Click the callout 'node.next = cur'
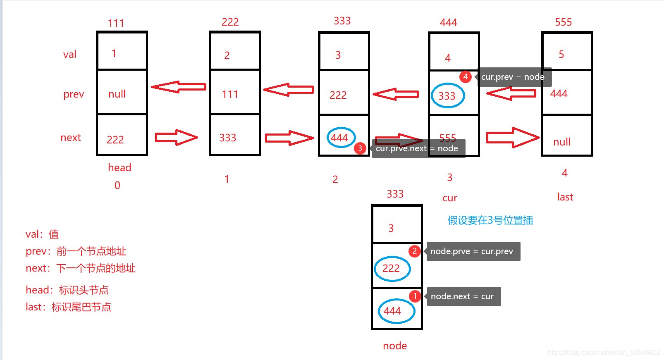click(463, 296)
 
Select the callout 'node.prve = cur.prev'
click(472, 251)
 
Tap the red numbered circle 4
click(466, 76)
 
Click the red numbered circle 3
click(360, 148)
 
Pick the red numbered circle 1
click(415, 296)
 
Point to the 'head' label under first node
click(119, 167)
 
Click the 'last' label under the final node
click(565, 197)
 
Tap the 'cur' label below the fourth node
click(450, 198)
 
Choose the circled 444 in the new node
click(396, 311)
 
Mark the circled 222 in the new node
click(392, 269)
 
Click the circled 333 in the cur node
click(447, 96)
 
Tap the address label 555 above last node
click(564, 22)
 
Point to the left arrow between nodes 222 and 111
click(179, 87)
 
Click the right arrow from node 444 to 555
click(513, 138)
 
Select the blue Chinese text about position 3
click(490, 220)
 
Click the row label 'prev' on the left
click(74, 94)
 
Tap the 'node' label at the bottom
click(395, 346)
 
